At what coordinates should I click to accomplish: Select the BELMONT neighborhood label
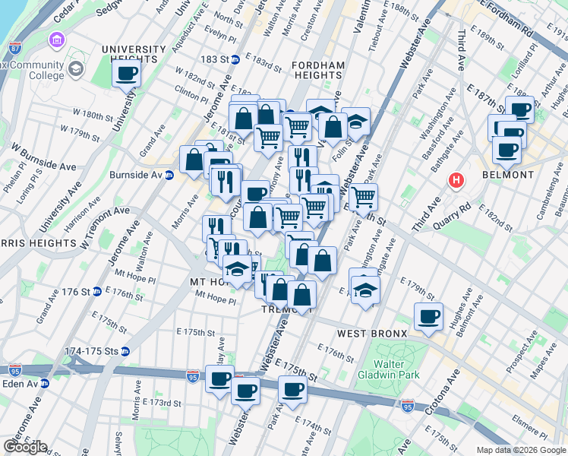click(508, 175)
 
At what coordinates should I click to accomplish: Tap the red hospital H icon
click(456, 181)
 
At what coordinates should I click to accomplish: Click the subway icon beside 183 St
click(235, 59)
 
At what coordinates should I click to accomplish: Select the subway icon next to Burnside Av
click(169, 175)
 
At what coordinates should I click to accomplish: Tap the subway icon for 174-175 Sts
click(125, 351)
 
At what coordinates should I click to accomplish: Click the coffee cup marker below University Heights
click(127, 74)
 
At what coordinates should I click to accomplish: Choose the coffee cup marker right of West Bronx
click(428, 316)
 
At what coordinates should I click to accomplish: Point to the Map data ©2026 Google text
click(521, 450)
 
